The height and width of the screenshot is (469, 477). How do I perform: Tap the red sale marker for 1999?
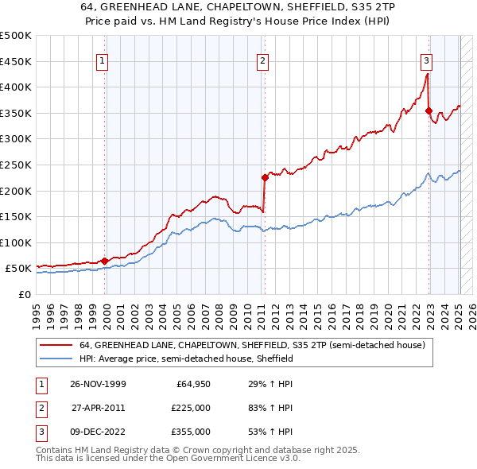pyautogui.click(x=105, y=260)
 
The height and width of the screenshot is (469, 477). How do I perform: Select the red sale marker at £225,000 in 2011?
pyautogui.click(x=265, y=177)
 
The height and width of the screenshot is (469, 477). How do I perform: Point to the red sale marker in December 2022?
pyautogui.click(x=429, y=110)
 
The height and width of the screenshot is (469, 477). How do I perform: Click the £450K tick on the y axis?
pyautogui.click(x=16, y=61)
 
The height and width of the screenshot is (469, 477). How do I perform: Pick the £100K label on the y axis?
pyautogui.click(x=16, y=242)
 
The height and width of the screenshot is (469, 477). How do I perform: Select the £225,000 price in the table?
pyautogui.click(x=192, y=409)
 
